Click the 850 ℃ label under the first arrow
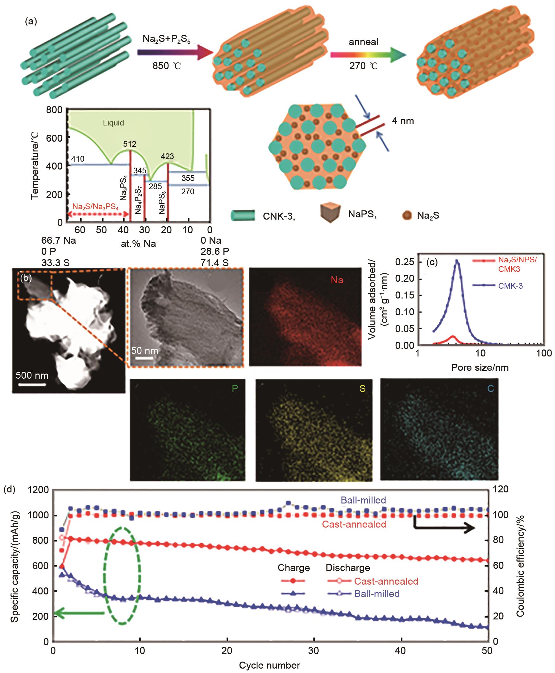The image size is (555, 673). pos(167,66)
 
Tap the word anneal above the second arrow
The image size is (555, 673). pos(363,42)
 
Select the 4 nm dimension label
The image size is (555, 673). pos(403,121)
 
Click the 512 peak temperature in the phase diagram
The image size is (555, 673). pos(130,144)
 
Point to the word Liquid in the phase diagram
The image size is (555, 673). pos(113,123)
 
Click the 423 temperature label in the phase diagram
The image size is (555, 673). pos(167,156)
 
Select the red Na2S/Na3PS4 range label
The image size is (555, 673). pos(95,207)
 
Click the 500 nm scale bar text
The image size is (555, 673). pos(32,375)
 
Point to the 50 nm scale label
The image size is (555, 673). pos(144,351)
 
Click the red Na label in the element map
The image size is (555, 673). pos(337,280)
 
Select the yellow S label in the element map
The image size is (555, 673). pos(362,389)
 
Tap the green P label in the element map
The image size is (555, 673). pos(235,389)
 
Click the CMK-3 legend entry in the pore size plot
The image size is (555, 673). pos(510,286)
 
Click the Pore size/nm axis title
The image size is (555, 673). pos(480,367)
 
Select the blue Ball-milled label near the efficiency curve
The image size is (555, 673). pos(363,500)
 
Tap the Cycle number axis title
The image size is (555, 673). pos(270,665)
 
